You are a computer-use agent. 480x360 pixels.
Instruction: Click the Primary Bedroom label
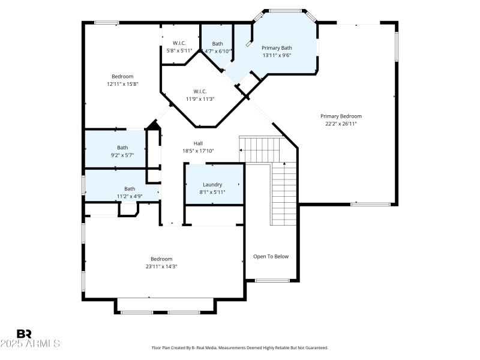click(341, 116)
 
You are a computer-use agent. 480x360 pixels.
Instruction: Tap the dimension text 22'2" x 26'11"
click(341, 124)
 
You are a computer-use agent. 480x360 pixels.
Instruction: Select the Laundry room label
click(212, 184)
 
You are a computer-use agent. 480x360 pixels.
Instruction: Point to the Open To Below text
click(271, 256)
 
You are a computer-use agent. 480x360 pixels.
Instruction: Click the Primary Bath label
click(277, 47)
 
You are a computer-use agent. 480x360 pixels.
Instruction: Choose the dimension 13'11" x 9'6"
click(277, 55)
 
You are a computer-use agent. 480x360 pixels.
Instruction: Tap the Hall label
click(198, 143)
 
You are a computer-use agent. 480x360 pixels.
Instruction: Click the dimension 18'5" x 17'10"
click(198, 151)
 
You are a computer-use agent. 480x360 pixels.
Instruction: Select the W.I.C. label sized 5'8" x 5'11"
click(179, 43)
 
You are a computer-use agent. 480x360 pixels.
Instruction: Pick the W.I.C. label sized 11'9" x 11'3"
click(200, 91)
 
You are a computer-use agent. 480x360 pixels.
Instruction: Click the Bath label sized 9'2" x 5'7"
click(122, 148)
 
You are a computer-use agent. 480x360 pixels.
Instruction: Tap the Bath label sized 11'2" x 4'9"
click(130, 188)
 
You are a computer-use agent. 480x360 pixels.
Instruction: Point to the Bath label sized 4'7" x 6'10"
click(217, 43)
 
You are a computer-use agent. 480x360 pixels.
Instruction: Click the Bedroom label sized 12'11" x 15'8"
click(122, 76)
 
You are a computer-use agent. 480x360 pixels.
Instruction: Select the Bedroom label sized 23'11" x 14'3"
click(161, 259)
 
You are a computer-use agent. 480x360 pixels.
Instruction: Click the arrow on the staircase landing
click(244, 149)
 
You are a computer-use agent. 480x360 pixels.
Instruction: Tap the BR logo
click(25, 334)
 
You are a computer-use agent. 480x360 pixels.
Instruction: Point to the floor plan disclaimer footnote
click(239, 348)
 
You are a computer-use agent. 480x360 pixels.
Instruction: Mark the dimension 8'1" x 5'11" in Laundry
click(212, 192)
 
